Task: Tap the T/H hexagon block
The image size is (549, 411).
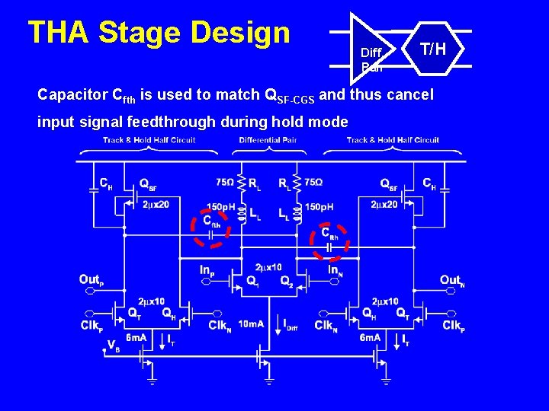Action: tap(433, 50)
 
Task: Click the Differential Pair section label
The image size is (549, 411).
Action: tap(268, 140)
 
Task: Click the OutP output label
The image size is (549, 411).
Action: tap(90, 280)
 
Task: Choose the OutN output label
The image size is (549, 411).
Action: tap(451, 280)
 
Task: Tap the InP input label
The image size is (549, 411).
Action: tap(207, 269)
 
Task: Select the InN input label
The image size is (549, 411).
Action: tap(334, 269)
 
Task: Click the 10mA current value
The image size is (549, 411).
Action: tap(251, 325)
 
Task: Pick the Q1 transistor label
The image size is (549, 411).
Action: tap(252, 282)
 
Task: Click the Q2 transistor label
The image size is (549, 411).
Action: tap(286, 282)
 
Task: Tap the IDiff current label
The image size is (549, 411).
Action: tap(291, 326)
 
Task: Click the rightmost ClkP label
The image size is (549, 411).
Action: tap(454, 326)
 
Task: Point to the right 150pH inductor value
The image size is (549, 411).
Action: tap(319, 207)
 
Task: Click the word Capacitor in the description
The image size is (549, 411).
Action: tap(72, 95)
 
